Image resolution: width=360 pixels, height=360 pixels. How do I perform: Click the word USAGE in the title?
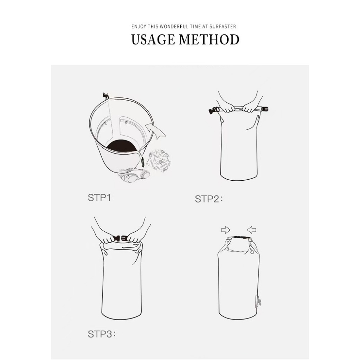point(153,39)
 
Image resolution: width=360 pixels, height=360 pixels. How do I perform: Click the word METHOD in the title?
point(209,39)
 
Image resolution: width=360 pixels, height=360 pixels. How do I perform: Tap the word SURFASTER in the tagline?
point(223,27)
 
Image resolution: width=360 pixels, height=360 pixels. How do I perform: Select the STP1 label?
point(99,198)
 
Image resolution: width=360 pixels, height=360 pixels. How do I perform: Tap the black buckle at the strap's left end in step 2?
point(214,111)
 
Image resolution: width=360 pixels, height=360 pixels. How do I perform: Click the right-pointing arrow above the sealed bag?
point(226,230)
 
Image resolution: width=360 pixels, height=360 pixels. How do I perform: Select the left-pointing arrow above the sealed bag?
point(252,230)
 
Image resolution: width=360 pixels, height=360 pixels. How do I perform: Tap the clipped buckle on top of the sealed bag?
point(240,238)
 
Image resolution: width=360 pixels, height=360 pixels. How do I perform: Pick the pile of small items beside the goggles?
point(159,161)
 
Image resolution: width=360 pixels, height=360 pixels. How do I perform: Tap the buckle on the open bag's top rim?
point(106,95)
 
